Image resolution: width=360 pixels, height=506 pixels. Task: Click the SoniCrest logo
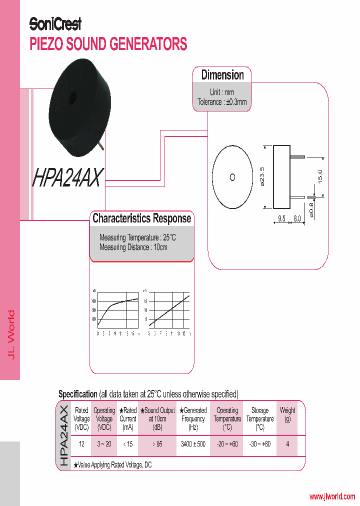55,23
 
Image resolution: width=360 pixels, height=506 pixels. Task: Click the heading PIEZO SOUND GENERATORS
108,44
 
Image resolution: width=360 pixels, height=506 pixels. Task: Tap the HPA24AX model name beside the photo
68,177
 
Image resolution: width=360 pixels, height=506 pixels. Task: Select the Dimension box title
222,75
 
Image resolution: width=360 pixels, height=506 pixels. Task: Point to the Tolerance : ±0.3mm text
221,102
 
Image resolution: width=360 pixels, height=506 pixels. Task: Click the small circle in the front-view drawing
232,176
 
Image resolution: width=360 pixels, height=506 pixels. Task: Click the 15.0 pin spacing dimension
320,176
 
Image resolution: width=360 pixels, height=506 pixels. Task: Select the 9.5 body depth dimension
281,218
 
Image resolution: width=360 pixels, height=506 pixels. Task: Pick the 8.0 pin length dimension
297,218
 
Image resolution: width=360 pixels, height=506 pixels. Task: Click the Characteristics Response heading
141,218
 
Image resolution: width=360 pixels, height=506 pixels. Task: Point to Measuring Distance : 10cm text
133,247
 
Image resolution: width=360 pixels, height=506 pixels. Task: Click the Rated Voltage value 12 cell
81,444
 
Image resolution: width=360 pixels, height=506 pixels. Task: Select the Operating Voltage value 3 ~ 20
104,444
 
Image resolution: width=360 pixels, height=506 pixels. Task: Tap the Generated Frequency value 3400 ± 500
193,444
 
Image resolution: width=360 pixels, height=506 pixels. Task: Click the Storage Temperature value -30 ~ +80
260,444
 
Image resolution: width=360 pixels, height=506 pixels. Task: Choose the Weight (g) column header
287,414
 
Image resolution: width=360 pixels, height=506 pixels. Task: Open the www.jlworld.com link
332,496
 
